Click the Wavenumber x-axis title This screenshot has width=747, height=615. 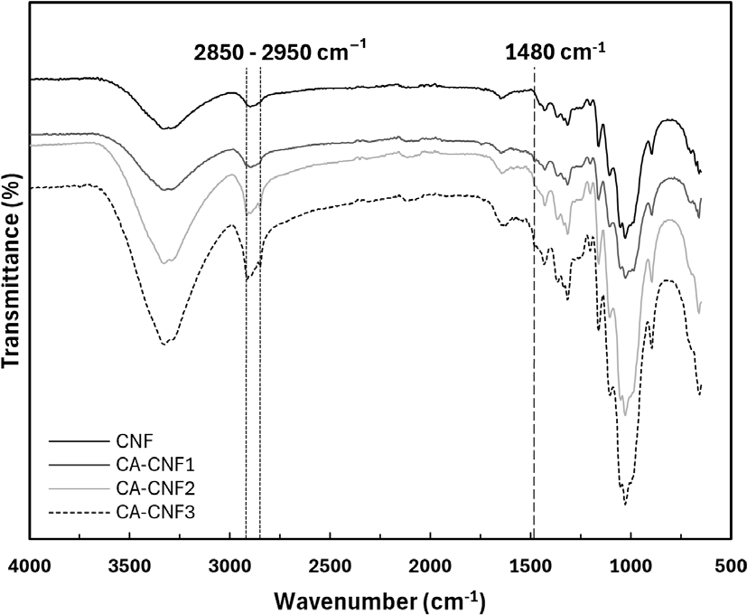click(379, 599)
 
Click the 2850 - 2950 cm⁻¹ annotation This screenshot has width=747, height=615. click(280, 52)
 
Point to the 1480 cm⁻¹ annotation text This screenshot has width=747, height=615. click(555, 52)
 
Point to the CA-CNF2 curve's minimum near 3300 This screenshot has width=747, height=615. click(163, 262)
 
